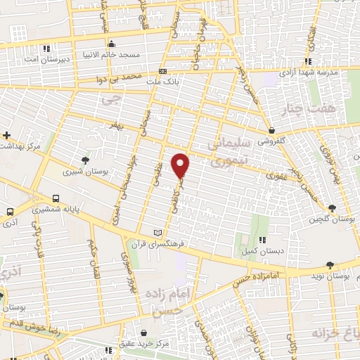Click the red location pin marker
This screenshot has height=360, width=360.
pyautogui.click(x=181, y=165)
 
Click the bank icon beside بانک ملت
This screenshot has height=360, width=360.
pyautogui.click(x=162, y=72)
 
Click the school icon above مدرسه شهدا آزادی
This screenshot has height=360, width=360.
pyautogui.click(x=307, y=62)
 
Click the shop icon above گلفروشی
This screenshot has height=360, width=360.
pyautogui.click(x=271, y=129)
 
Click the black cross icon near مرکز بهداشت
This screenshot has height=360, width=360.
pyautogui.click(x=7, y=135)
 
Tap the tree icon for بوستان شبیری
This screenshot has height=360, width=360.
pyautogui.click(x=86, y=160)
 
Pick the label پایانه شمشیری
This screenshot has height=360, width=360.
pyautogui.click(x=56, y=208)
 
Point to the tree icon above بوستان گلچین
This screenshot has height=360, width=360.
pyautogui.click(x=332, y=207)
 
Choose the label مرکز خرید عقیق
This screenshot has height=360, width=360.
pyautogui.click(x=145, y=343)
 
